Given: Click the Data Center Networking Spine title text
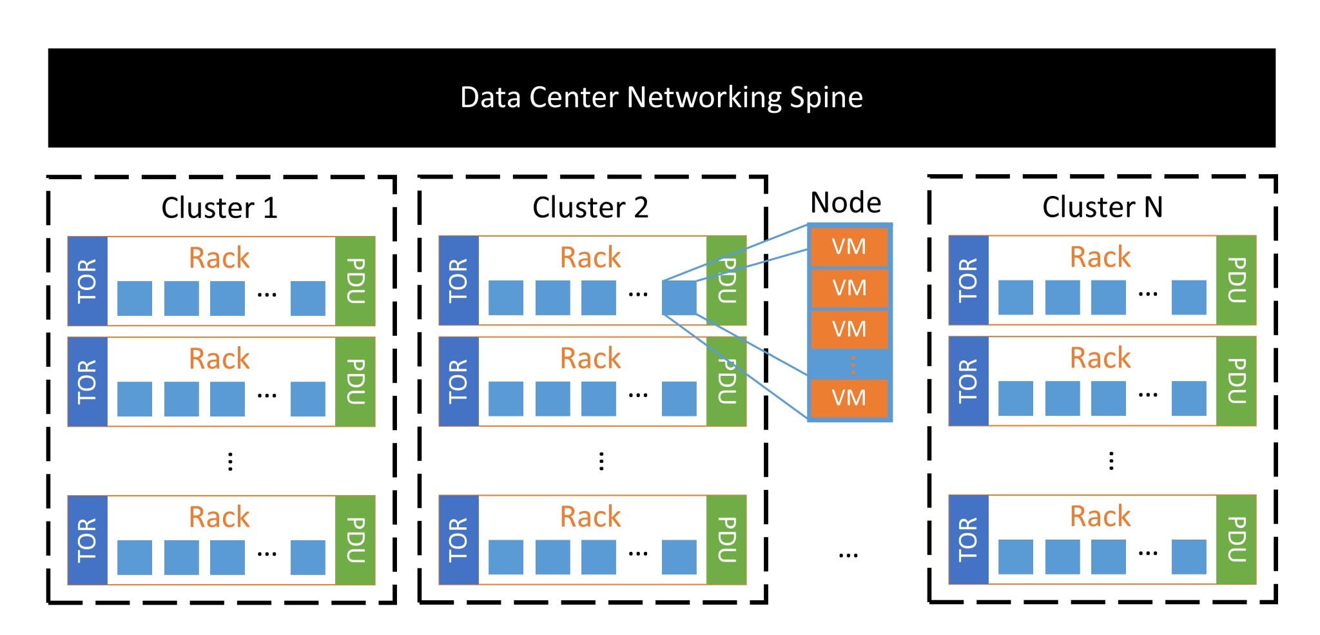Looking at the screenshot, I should pos(661,97).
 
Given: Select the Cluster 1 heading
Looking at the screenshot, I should pos(219,208).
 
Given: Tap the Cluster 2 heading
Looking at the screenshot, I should pos(590,208).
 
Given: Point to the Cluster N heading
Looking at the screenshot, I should pos(1102,207).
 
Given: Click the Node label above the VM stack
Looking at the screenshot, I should pos(846,202).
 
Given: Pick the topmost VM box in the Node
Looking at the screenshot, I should pos(849,246).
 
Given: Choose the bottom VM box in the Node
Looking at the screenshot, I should pos(849,398).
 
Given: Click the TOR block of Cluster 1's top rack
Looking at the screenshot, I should pos(88,281).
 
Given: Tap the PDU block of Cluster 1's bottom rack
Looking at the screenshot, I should pos(355,540).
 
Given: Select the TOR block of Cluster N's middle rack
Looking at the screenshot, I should pos(968,381).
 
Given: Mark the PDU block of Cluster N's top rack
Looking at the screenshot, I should pos(1236,280).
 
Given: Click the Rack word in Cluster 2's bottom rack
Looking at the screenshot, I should pos(590,516).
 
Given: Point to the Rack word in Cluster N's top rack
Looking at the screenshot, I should pos(1100,257).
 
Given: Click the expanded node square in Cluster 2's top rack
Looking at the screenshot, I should pos(679,298).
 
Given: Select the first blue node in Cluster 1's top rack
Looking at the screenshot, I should pos(135,298).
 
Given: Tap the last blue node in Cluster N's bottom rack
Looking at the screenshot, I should pos(1189,557).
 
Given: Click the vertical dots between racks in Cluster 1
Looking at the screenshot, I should pos(230,461).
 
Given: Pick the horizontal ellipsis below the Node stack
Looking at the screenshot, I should pos(848,554).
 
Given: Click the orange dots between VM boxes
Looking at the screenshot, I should pos(853,364).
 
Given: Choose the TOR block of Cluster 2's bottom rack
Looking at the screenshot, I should pos(459,540).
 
